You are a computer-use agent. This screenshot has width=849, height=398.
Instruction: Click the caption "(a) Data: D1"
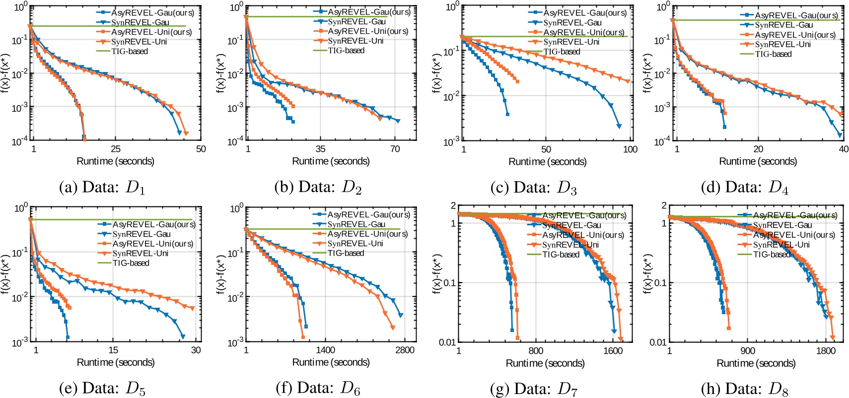[x=102, y=187]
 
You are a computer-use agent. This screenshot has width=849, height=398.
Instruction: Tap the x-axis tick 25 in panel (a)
[x=115, y=149]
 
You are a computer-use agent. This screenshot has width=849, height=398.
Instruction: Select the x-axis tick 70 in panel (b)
[x=395, y=149]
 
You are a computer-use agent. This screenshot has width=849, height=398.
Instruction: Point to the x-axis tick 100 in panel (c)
[x=630, y=149]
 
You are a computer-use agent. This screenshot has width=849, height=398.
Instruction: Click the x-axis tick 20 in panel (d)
[x=758, y=149]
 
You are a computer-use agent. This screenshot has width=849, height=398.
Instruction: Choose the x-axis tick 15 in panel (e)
[x=113, y=350]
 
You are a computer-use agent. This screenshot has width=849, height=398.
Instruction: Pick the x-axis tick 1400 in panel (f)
[x=326, y=350]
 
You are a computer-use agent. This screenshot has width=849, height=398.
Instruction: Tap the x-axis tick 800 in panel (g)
[x=536, y=350]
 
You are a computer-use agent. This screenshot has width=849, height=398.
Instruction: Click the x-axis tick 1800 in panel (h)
[x=826, y=350]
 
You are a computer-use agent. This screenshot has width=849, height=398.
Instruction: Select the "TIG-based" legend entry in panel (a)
[x=129, y=51]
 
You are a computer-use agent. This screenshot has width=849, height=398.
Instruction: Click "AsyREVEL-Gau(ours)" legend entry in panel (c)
[x=585, y=13]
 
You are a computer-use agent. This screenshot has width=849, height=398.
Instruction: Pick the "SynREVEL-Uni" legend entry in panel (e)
[x=140, y=253]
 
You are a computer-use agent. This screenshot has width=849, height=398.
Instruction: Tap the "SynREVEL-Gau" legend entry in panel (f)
[x=356, y=224]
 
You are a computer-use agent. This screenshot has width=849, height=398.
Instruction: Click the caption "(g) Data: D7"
[x=534, y=388]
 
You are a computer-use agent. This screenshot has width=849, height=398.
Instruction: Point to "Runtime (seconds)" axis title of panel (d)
[x=758, y=161]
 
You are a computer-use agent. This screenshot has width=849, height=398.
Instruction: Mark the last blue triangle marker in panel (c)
[x=619, y=126]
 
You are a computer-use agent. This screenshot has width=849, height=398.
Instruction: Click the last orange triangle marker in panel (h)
[x=833, y=337]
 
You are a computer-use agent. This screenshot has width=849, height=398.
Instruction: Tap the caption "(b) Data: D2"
[x=318, y=187]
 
